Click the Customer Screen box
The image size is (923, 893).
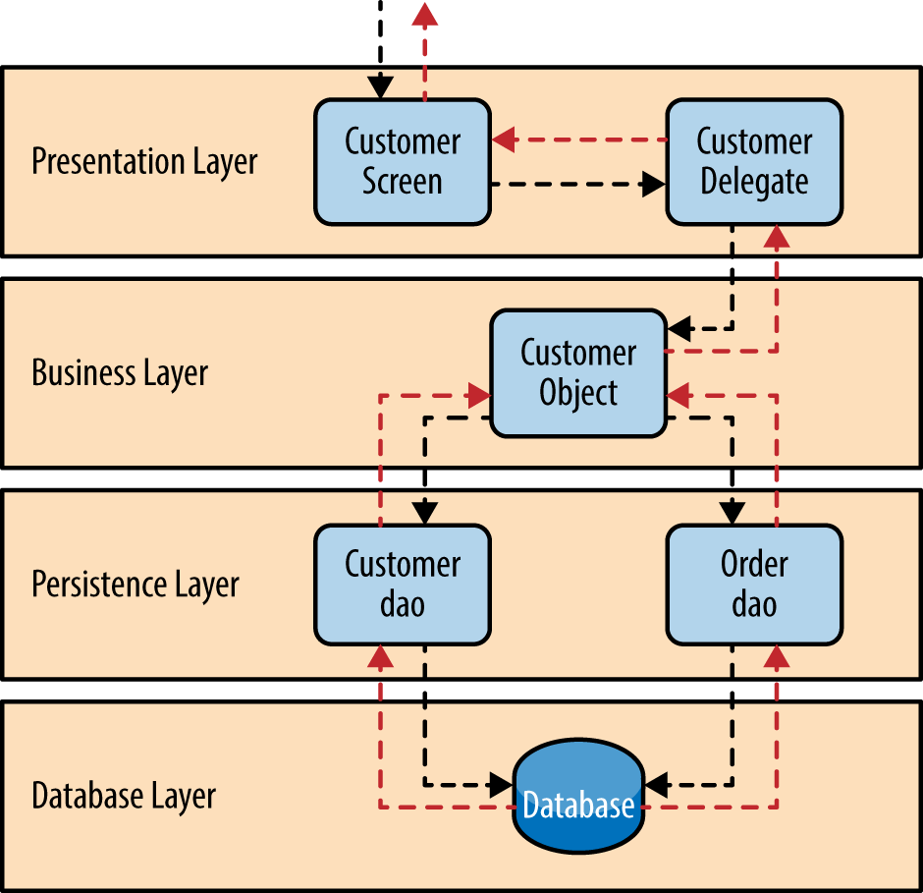click(403, 162)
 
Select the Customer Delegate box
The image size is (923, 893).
click(754, 162)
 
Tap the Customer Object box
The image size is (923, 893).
click(578, 373)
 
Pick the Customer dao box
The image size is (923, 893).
click(403, 585)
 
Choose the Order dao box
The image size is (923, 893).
click(754, 585)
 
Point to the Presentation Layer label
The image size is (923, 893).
click(144, 162)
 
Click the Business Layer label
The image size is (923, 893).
click(120, 373)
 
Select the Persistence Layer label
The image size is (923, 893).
click(136, 585)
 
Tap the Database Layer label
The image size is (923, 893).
click(124, 796)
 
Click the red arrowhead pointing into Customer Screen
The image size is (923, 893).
click(505, 140)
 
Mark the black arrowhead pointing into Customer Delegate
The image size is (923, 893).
click(653, 183)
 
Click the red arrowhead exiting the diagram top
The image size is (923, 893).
click(424, 14)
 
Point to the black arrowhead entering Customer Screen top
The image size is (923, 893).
click(381, 86)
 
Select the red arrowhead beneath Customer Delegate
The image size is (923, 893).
click(777, 237)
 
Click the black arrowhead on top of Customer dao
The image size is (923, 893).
click(424, 513)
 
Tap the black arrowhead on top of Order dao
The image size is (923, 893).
click(732, 513)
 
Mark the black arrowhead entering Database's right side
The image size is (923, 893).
click(656, 784)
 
